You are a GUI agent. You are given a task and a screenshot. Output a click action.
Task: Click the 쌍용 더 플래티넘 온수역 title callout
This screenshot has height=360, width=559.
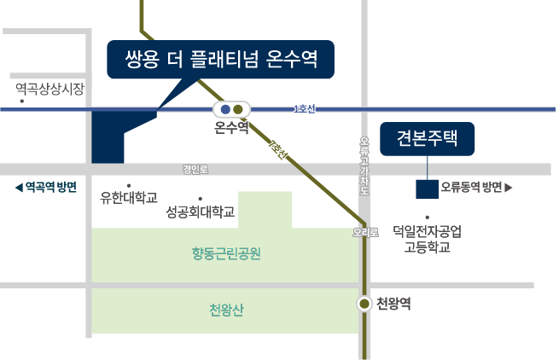pyautogui.click(x=221, y=59)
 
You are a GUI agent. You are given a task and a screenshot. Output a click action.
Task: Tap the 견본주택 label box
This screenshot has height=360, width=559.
pyautogui.click(x=427, y=139)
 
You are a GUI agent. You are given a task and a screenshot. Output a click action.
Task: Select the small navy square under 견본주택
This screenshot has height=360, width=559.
pyautogui.click(x=427, y=189)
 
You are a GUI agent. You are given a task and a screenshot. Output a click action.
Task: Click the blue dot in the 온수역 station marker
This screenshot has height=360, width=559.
pyautogui.click(x=225, y=109)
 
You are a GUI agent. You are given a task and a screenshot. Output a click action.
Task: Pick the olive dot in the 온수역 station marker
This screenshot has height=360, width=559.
pyautogui.click(x=238, y=109)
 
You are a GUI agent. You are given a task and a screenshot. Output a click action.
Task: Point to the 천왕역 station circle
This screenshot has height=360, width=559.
pyautogui.click(x=364, y=304)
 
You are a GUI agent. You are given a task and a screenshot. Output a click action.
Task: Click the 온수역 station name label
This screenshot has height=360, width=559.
pyautogui.click(x=231, y=127)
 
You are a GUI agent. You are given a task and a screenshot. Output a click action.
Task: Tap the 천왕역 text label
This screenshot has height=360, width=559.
pyautogui.click(x=393, y=304)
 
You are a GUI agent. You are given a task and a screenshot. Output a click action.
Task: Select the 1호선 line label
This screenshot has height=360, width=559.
pyautogui.click(x=305, y=108)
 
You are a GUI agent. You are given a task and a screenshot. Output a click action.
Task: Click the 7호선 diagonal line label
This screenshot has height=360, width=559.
pyautogui.click(x=278, y=150)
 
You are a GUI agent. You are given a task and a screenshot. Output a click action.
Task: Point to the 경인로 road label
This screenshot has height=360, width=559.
pyautogui.click(x=195, y=169)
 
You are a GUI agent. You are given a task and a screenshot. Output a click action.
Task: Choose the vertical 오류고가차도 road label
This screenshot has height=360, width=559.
pyautogui.click(x=364, y=165)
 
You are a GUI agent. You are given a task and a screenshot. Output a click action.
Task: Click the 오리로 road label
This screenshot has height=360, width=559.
pyautogui.click(x=365, y=232)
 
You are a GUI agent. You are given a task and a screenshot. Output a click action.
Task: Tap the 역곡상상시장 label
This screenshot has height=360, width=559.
pyautogui.click(x=49, y=89)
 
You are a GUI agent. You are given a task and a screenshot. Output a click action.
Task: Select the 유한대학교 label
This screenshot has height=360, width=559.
pyautogui.click(x=129, y=197)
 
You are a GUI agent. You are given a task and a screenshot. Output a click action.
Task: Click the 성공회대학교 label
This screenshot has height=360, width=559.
pyautogui.click(x=201, y=212)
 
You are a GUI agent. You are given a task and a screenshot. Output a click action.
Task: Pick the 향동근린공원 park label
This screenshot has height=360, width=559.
pyautogui.click(x=226, y=253)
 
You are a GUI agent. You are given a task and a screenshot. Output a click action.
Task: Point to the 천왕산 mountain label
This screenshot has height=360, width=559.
pyautogui.click(x=226, y=310)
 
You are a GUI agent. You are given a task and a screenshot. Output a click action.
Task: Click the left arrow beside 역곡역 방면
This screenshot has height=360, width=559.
pyautogui.click(x=19, y=188)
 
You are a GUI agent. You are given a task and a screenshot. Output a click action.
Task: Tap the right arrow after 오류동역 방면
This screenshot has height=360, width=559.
pyautogui.click(x=509, y=188)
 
